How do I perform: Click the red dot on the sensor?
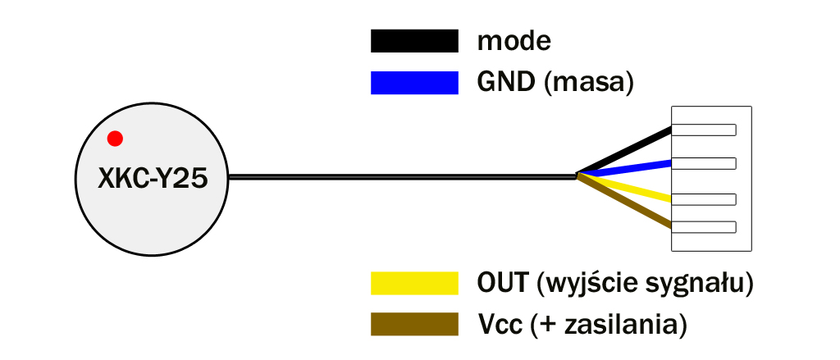pos(115,139)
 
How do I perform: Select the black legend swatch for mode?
pos(414,40)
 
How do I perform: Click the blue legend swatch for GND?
pos(414,83)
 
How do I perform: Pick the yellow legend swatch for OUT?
pos(414,283)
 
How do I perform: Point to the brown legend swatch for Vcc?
pos(414,324)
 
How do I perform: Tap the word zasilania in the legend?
pos(620,324)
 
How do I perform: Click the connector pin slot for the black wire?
pos(704,130)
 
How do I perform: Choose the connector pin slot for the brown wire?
pos(704,226)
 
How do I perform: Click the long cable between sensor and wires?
pos(402,175)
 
